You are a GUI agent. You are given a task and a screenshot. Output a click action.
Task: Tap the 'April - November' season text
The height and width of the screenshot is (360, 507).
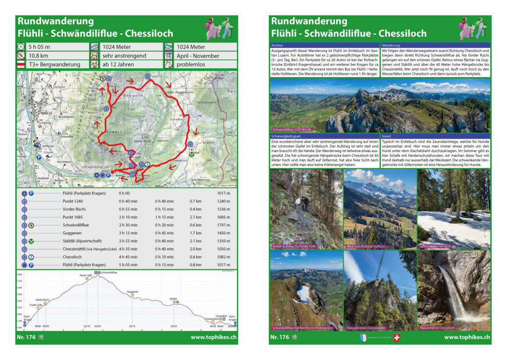198,56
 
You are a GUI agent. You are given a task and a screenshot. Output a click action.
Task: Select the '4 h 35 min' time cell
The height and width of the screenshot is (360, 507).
127,249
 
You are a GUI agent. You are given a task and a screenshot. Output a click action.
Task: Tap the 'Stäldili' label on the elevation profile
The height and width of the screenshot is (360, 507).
173,299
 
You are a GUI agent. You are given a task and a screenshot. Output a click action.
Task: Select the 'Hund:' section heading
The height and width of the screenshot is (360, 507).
388,136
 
